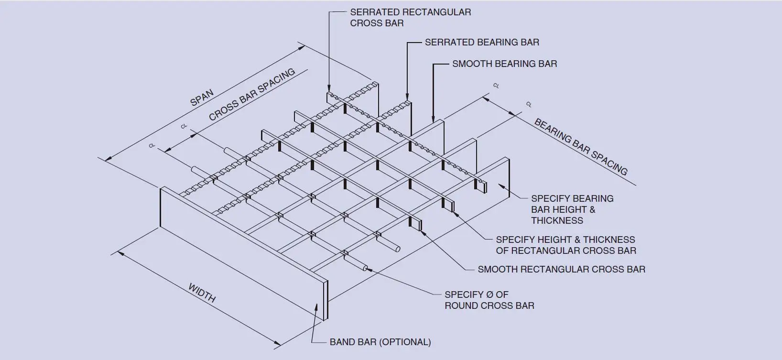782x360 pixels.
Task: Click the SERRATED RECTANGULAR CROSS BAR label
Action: pos(410,18)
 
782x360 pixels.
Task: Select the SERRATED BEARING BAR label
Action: pos(482,43)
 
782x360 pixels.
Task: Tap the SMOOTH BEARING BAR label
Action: pos(504,64)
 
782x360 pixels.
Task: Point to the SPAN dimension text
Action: pos(202,98)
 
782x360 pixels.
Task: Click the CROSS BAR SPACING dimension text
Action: pos(252,95)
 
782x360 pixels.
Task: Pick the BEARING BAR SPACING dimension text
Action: pos(580,147)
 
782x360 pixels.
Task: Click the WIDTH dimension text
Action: pos(202,293)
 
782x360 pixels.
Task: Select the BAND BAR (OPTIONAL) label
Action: pos(380,342)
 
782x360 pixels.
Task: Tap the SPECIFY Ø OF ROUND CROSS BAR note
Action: pos(489,300)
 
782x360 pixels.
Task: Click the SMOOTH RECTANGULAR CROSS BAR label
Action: pos(561,270)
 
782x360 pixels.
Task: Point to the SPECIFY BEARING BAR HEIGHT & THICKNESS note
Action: pos(572,209)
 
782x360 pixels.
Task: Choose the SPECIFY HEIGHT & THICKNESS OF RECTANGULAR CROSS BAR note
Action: pos(565,245)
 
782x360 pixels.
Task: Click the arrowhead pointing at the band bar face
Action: pos(316,306)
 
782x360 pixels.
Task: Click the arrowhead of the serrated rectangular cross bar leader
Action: pos(329,88)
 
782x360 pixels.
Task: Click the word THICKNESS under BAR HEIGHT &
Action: pos(557,221)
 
